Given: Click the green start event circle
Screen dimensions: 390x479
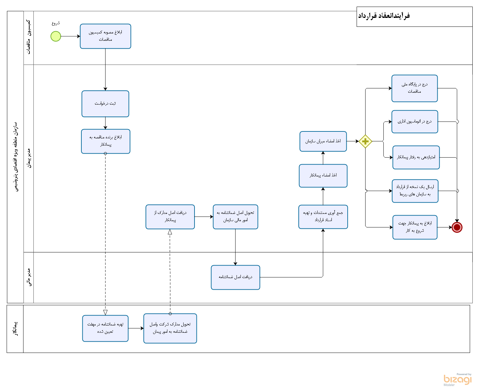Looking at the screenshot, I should [56, 36].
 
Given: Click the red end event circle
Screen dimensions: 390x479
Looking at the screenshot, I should [457, 227].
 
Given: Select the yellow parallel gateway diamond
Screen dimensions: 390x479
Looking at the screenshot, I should [365, 141].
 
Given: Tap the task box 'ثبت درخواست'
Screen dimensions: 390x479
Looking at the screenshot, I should [105, 104].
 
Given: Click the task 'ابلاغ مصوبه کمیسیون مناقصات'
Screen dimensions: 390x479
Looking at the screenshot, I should [105, 36].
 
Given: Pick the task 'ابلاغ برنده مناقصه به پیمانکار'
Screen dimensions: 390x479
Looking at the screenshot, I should [106, 141].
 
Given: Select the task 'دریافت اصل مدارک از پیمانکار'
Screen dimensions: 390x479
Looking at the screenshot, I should [170, 217].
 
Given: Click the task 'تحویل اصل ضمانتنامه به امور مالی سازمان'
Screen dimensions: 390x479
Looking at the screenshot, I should [235, 217].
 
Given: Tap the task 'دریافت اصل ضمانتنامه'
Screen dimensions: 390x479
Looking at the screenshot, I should [235, 277].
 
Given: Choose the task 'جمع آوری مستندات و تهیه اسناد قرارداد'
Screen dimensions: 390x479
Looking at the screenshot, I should [323, 217].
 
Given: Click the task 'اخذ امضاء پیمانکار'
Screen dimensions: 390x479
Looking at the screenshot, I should [323, 175].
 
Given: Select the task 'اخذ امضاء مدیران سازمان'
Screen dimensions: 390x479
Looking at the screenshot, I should [323, 141].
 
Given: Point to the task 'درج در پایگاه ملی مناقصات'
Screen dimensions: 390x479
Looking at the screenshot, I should [414, 88].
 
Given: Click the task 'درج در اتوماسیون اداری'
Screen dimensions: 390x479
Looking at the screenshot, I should [414, 122].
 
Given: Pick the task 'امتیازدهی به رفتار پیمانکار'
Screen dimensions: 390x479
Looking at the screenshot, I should [416, 157].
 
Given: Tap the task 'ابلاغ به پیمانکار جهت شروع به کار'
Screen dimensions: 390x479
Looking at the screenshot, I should [415, 227].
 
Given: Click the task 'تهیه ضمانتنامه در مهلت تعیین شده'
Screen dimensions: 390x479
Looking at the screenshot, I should [105, 328].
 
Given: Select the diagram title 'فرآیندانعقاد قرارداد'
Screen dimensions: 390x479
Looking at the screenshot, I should [384, 16].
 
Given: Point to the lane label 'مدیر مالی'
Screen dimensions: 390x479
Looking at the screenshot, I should [29, 277].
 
